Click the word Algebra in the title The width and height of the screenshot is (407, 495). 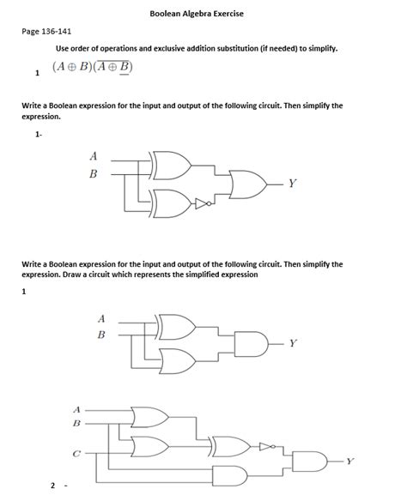coord(203,14)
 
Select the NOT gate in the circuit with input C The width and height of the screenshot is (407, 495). coord(267,447)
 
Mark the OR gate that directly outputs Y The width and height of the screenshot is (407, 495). coord(248,183)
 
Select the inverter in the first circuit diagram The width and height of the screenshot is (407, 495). coord(201,204)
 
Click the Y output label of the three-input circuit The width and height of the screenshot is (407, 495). coord(349,460)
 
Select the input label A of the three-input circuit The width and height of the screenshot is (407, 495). coord(77,408)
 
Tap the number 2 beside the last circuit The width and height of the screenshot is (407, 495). coord(52,486)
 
